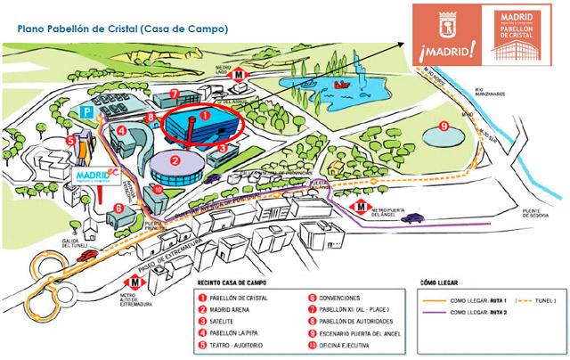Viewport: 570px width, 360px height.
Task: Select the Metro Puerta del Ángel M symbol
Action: point(359,206)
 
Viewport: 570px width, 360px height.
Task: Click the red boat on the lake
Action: point(339,85)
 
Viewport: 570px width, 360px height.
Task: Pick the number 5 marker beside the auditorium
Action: point(70,140)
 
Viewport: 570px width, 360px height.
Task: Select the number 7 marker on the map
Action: point(175,92)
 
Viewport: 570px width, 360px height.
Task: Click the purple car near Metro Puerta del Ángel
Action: point(411,217)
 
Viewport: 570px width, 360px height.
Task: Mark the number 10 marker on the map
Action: point(158,190)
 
